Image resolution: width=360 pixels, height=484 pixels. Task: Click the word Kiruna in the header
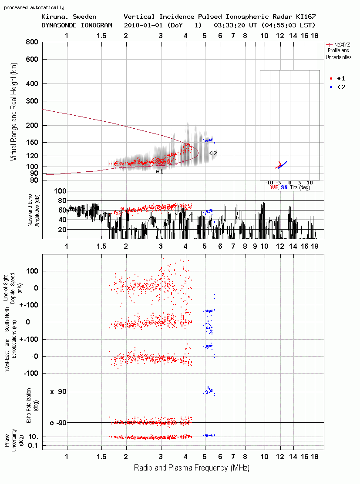(x=53, y=17)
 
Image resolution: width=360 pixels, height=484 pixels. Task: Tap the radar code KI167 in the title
(x=306, y=17)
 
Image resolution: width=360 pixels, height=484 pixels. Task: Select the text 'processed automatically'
(x=34, y=7)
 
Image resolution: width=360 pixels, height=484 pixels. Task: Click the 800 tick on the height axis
(x=32, y=42)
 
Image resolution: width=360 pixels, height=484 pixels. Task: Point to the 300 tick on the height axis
(x=32, y=101)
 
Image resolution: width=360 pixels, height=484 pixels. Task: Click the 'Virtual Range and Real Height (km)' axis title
(x=13, y=112)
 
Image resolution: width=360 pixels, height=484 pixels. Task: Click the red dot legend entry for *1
(x=331, y=78)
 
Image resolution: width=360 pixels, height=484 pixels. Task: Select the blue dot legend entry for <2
(x=331, y=87)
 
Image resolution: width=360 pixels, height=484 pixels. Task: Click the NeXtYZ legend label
(x=342, y=45)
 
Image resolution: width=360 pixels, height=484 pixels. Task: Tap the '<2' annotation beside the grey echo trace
(x=213, y=153)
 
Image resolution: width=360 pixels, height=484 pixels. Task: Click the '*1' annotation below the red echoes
(x=159, y=172)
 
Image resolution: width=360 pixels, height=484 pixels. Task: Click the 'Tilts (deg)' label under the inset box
(x=300, y=187)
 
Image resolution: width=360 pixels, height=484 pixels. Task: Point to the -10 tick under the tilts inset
(x=269, y=183)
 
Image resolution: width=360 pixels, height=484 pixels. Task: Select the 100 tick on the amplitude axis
(x=60, y=191)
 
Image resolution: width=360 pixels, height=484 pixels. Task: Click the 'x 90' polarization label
(x=58, y=392)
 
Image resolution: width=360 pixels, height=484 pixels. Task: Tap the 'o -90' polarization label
(x=58, y=423)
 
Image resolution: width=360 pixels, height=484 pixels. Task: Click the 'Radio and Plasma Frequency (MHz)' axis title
(x=192, y=468)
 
